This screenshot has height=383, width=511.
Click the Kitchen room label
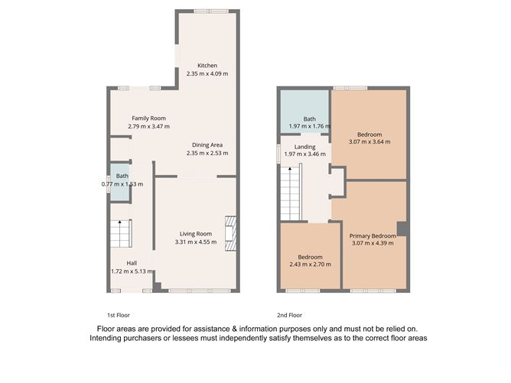pyautogui.click(x=207, y=66)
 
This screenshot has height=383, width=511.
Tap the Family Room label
pyautogui.click(x=148, y=118)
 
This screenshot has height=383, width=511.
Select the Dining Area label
pyautogui.click(x=207, y=144)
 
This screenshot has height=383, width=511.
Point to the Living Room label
pyautogui.click(x=195, y=234)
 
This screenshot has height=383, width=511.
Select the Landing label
pyautogui.click(x=294, y=148)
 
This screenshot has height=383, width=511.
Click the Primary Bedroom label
pyautogui.click(x=373, y=236)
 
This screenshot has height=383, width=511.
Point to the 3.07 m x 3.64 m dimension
pyautogui.click(x=369, y=141)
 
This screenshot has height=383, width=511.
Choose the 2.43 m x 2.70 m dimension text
pyautogui.click(x=310, y=265)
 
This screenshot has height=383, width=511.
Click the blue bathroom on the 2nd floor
pyautogui.click(x=304, y=112)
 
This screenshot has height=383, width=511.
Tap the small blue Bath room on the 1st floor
pyautogui.click(x=119, y=183)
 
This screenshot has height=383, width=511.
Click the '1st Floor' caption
pyautogui.click(x=120, y=315)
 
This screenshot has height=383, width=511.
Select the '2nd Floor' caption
pyautogui.click(x=290, y=315)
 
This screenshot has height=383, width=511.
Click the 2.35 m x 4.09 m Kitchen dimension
pyautogui.click(x=207, y=73)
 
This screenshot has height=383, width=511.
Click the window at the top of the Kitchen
pyautogui.click(x=207, y=11)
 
